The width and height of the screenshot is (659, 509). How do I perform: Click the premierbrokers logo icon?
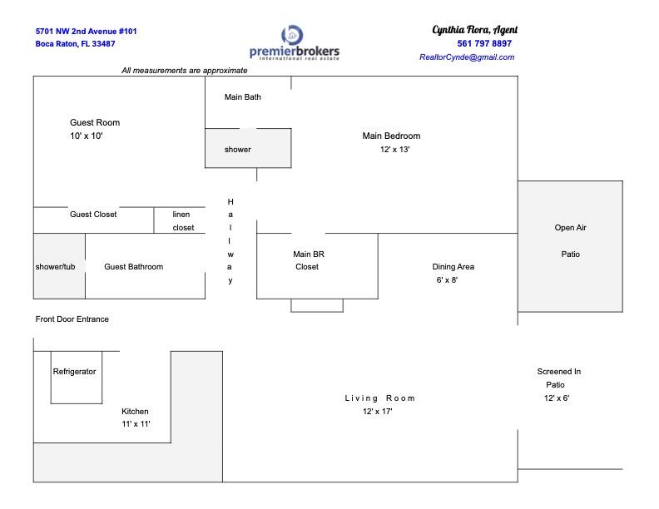click(292, 35)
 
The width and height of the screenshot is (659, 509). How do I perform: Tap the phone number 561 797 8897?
click(484, 44)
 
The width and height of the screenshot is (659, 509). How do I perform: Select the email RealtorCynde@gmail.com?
click(467, 57)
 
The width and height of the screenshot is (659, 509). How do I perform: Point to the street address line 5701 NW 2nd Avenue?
click(87, 32)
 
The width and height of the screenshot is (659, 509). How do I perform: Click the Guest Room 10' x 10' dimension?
click(87, 136)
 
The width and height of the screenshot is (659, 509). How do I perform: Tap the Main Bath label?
click(242, 97)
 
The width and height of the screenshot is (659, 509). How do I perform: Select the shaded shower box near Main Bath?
click(248, 148)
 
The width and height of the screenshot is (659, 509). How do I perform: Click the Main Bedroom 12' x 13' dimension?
click(394, 150)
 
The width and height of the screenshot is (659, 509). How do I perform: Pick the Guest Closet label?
click(93, 215)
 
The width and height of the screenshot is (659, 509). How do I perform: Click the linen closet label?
click(183, 221)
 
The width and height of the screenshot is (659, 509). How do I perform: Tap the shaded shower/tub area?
click(59, 266)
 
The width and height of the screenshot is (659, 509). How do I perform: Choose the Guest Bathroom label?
click(134, 267)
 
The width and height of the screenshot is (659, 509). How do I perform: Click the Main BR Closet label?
click(309, 260)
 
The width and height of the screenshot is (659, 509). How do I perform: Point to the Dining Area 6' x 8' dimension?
click(447, 280)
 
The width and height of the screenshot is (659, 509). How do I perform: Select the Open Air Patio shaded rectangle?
click(570, 246)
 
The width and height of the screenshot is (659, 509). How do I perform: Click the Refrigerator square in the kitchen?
click(77, 377)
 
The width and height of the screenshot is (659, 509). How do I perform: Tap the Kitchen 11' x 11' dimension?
click(136, 424)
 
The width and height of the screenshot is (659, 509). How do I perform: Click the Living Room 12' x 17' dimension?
click(378, 412)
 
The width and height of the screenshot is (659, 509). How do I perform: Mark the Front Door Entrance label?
click(72, 319)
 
